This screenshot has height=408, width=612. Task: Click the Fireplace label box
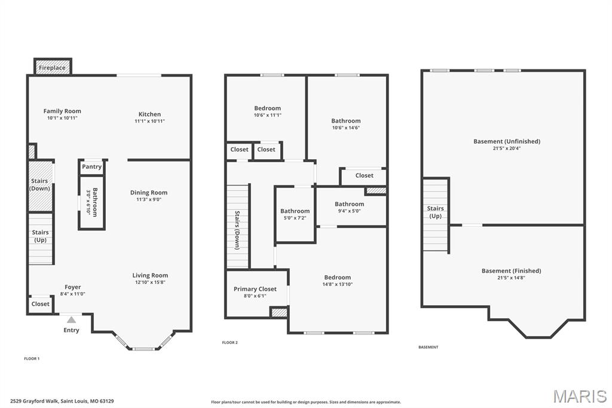tap(53, 68)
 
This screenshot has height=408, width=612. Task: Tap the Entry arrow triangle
tap(71, 320)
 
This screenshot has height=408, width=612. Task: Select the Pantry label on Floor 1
tap(92, 167)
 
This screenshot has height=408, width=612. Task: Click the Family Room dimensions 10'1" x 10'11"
tap(62, 118)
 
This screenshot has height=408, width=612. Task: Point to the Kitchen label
tap(149, 114)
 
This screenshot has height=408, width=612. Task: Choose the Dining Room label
tap(149, 193)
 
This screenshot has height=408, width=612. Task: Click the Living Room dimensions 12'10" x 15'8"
tap(150, 282)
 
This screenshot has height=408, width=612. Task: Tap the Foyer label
tap(73, 287)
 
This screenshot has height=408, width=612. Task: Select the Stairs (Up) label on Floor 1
tap(41, 236)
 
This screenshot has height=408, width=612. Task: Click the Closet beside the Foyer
tap(41, 304)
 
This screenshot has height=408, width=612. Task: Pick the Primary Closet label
tap(255, 289)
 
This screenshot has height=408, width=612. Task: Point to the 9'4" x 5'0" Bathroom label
tap(349, 204)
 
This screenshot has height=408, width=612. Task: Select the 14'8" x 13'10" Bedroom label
tap(338, 278)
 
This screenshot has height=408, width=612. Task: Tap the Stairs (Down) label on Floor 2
tap(237, 230)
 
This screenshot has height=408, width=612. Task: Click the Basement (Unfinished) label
tap(507, 141)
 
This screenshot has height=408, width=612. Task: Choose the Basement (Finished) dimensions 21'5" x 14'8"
tap(511, 278)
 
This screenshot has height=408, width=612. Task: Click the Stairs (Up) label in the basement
tap(436, 212)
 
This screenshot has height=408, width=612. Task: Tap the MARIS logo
tap(580, 396)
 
